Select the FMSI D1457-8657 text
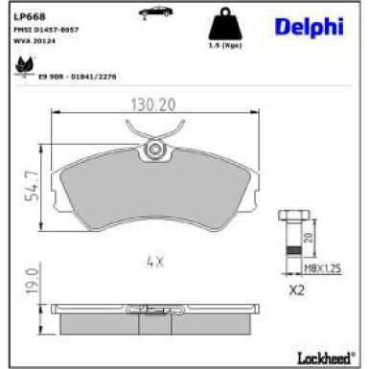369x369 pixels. click(46, 30)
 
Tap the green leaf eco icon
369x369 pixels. click(21, 66)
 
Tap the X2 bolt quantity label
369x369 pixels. click(297, 288)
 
